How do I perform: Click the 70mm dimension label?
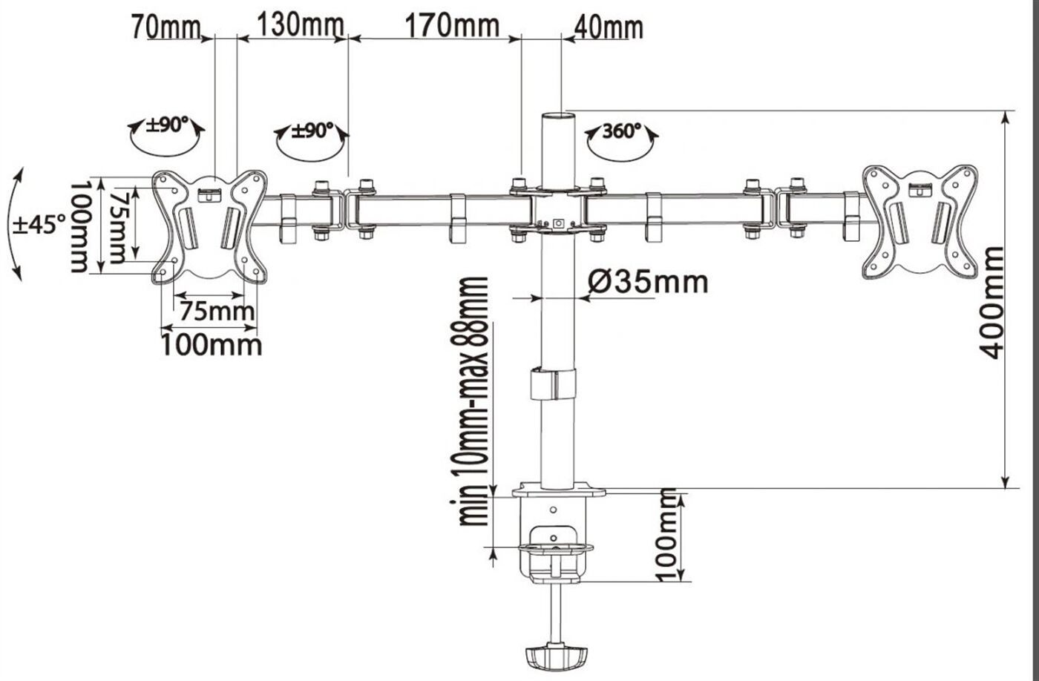(x=166, y=27)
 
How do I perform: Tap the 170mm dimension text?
(x=452, y=25)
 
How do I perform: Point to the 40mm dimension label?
(x=609, y=27)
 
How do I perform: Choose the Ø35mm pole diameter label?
(x=649, y=281)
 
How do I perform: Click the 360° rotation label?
(x=622, y=131)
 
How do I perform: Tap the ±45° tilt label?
(x=39, y=225)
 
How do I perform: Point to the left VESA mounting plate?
(x=210, y=227)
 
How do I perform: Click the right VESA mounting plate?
(x=920, y=222)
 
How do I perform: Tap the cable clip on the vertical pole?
(x=554, y=384)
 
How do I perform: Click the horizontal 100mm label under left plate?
(x=212, y=346)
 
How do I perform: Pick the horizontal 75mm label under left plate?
(x=217, y=311)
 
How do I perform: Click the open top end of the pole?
(x=558, y=115)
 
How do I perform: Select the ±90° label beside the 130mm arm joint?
(x=312, y=131)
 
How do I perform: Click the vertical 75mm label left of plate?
(x=118, y=228)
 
